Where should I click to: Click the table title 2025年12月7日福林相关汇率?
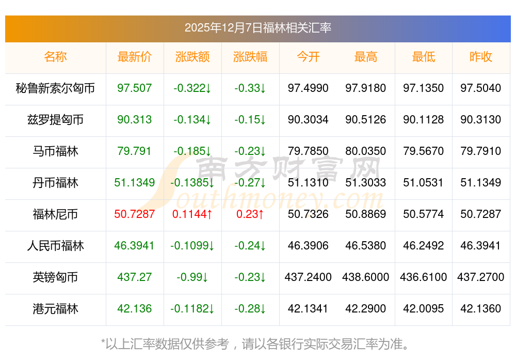coord(257,28)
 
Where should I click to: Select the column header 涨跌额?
coord(192,57)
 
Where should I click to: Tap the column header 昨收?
coord(480,57)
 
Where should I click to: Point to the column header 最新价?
coord(135,57)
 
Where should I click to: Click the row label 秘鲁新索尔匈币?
coord(55,88)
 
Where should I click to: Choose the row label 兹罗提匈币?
coord(55,120)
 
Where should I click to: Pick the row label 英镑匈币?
coord(55,277)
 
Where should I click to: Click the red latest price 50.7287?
coord(135,214)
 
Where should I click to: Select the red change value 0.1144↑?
coord(192,214)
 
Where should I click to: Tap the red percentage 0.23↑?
coord(250,214)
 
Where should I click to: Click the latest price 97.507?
coord(135,88)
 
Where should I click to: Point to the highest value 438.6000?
coord(366,277)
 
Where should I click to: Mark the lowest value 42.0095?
coord(423,309)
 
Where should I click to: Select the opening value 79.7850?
coord(308,151)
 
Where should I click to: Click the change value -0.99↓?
coord(192,277)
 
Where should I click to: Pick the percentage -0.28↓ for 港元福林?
coord(250,309)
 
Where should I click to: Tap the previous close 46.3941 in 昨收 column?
coord(480,246)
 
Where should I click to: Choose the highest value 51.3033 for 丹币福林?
coord(366,183)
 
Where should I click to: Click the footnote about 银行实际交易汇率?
coord(257,343)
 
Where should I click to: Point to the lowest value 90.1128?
coord(423,120)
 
